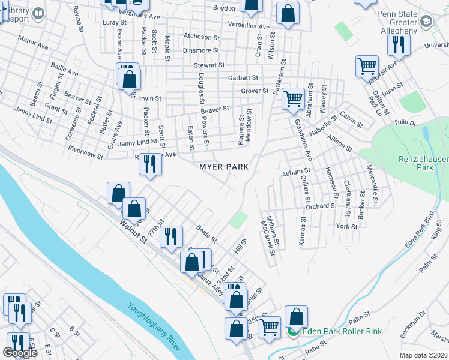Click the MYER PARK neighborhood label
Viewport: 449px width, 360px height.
pyautogui.click(x=224, y=167)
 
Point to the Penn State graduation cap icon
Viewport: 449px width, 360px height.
pyautogui.click(x=426, y=22)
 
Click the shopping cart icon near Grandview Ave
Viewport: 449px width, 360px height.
pyautogui.click(x=293, y=98)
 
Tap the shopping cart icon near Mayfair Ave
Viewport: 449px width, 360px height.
pyautogui.click(x=367, y=65)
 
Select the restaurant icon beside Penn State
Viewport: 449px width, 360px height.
pyautogui.click(x=398, y=44)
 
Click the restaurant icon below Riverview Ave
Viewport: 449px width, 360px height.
pyautogui.click(x=150, y=164)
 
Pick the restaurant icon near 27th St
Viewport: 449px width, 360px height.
pyautogui.click(x=172, y=236)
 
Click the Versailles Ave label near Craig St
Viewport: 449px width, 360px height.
pyautogui.click(x=249, y=26)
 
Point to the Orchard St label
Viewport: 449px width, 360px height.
pyautogui.click(x=321, y=206)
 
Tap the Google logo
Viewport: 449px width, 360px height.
pyautogui.click(x=20, y=353)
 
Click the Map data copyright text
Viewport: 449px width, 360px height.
pyautogui.click(x=423, y=355)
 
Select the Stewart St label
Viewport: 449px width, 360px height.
pyautogui.click(x=208, y=65)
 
